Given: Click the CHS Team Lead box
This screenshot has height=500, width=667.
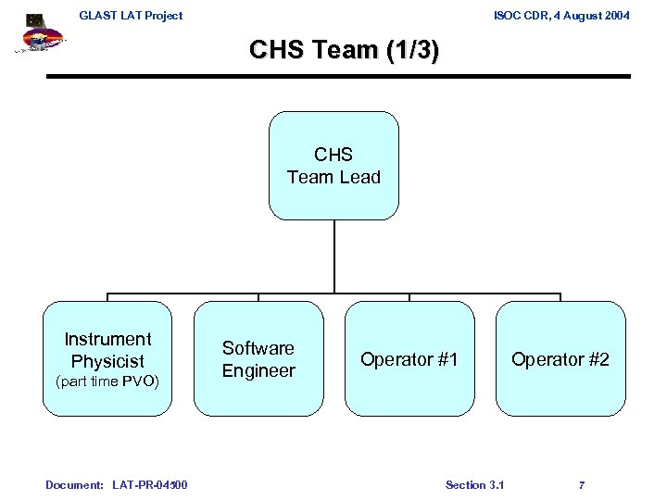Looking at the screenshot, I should coord(333,166).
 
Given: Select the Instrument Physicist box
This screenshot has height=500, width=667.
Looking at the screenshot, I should coord(107,358).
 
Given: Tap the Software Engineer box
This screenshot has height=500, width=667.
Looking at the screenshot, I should coord(258,358).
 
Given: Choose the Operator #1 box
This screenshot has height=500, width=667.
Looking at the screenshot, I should coord(409,358).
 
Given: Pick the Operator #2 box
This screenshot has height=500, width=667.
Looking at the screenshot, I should coord(560,358).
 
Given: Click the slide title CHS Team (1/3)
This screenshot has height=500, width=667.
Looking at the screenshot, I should coord(344,50).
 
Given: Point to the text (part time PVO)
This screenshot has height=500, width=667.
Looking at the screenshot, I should coord(107,381).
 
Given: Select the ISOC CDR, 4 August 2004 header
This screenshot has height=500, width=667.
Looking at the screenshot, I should coord(562,15).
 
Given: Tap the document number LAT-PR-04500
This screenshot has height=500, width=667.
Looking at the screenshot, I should coord(149,485).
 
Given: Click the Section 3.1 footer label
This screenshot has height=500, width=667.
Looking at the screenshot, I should coord(474,485).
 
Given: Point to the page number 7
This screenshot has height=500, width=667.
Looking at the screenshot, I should coord(581,485).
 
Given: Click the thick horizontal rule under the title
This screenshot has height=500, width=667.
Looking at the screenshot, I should coord(338,76).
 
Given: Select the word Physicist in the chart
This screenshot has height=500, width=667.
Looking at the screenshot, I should coord(107,361).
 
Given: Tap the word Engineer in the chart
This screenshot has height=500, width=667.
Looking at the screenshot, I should coord(258,370).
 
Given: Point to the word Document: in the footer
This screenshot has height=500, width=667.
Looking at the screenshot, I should coord(74,485).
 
